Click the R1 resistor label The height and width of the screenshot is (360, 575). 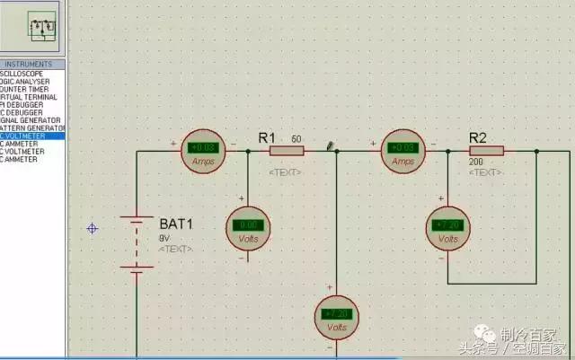266,137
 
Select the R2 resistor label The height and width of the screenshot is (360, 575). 478,137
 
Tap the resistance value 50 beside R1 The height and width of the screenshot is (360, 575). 296,140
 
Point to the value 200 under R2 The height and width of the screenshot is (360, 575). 476,162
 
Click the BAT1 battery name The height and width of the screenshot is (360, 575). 176,224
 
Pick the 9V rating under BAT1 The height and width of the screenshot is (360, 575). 164,238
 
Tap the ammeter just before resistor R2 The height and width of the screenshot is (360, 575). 402,151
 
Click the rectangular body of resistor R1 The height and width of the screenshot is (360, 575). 287,151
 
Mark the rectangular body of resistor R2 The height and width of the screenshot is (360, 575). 486,151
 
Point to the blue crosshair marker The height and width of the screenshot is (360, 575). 92,228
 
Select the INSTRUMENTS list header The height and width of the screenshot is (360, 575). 33,65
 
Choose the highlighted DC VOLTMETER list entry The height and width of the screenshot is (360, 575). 32,136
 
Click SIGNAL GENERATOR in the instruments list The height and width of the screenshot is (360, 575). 31,120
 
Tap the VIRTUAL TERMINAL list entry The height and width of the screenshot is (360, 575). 31,97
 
